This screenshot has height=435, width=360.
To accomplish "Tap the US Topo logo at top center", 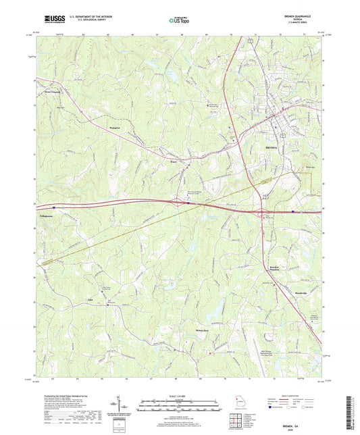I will [x=179, y=20].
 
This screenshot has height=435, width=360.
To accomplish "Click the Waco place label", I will [x=173, y=161].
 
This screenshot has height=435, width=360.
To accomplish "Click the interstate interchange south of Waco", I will [x=179, y=201].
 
